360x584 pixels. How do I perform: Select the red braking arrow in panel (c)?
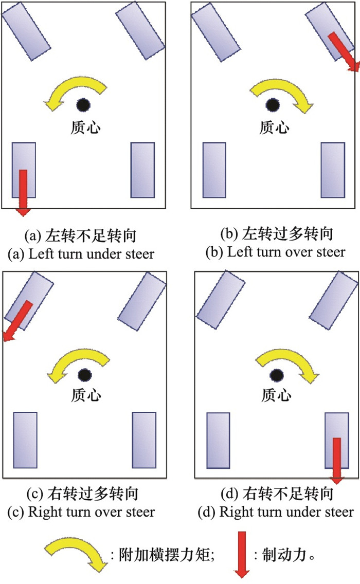coord(18,321)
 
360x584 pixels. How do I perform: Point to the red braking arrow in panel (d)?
coord(336,461)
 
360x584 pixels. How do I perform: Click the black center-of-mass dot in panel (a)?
coord(83,105)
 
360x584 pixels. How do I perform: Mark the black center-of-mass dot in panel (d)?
coord(276,375)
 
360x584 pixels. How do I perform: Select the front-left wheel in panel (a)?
coord(26,31)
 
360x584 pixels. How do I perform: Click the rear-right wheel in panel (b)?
coord(333,170)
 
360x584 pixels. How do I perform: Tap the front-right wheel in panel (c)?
coord(142,301)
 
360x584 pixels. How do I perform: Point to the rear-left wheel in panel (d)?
coord(219,440)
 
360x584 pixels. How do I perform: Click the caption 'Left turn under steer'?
coord(92,254)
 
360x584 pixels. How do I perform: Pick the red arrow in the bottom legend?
coord(242,555)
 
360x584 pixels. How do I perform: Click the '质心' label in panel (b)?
coord(274,127)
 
